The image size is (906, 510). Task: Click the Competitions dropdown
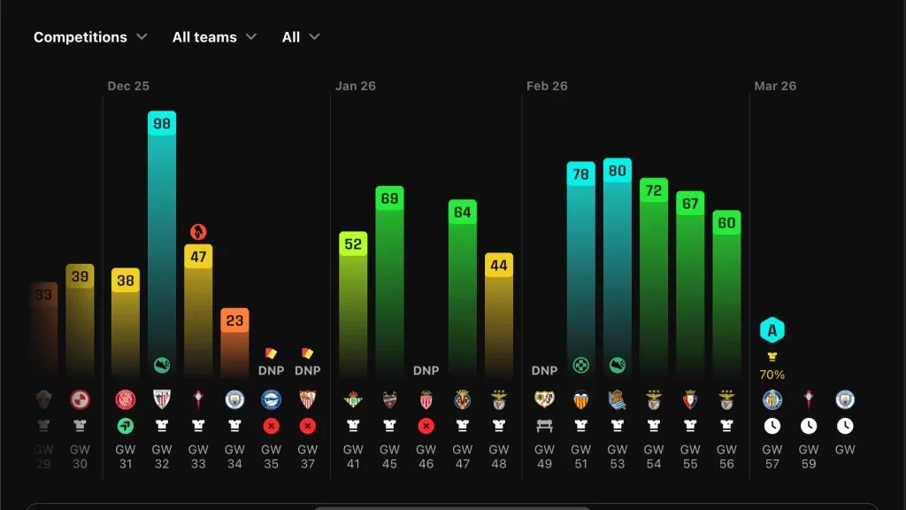click(90, 37)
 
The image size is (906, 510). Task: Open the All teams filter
click(214, 37)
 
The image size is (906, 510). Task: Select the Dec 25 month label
click(128, 86)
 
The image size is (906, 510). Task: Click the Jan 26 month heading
click(356, 86)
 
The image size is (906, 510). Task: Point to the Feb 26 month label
click(547, 86)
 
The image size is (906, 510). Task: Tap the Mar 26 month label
click(775, 86)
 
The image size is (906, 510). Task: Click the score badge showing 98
click(162, 124)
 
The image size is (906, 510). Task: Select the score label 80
click(618, 171)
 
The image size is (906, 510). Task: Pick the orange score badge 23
click(234, 321)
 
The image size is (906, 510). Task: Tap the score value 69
click(389, 198)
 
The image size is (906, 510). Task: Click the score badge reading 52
click(353, 243)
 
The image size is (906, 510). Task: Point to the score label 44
click(499, 266)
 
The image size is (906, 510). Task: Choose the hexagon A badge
click(772, 331)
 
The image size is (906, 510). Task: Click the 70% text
click(772, 375)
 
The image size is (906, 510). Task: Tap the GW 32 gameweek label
click(162, 457)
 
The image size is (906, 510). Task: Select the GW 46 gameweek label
click(426, 457)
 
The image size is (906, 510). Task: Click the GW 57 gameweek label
click(772, 457)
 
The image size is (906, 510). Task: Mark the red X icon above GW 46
click(426, 425)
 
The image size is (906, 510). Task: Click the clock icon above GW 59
click(809, 425)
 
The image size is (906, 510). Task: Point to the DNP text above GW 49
click(544, 371)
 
